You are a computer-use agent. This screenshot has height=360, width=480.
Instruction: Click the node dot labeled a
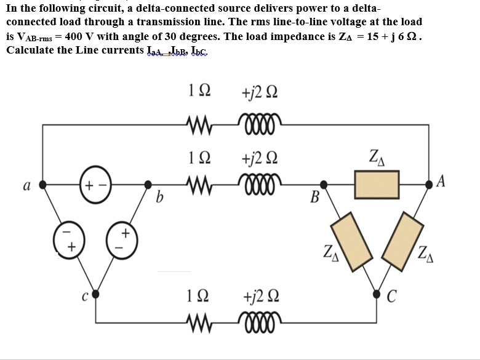pyautogui.click(x=41, y=184)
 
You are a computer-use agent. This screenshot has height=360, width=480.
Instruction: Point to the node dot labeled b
pyautogui.click(x=147, y=184)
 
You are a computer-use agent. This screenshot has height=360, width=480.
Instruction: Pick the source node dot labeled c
pyautogui.click(x=94, y=294)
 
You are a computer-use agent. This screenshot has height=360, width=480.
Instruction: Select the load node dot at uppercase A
pyautogui.click(x=428, y=184)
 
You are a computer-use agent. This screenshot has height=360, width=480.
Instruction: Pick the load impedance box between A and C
pyautogui.click(x=406, y=240)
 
